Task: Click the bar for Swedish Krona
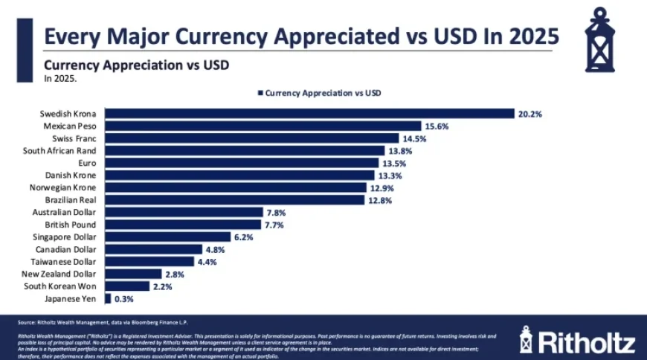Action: click(309, 114)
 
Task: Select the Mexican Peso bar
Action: click(262, 126)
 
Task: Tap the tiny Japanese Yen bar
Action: click(108, 298)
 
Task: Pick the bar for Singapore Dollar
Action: click(167, 237)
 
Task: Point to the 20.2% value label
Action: click(530, 114)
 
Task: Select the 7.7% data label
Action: click(275, 225)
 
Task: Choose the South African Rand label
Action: click(63, 151)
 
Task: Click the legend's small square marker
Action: click(260, 93)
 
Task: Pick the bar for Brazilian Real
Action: click(234, 200)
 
